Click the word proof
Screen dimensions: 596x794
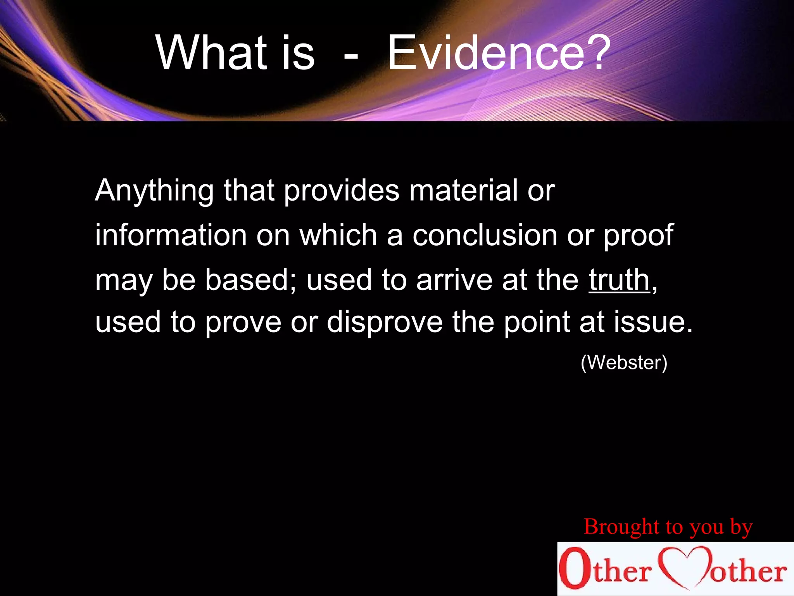pyautogui.click(x=638, y=236)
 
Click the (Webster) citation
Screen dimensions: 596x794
pyautogui.click(x=624, y=363)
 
